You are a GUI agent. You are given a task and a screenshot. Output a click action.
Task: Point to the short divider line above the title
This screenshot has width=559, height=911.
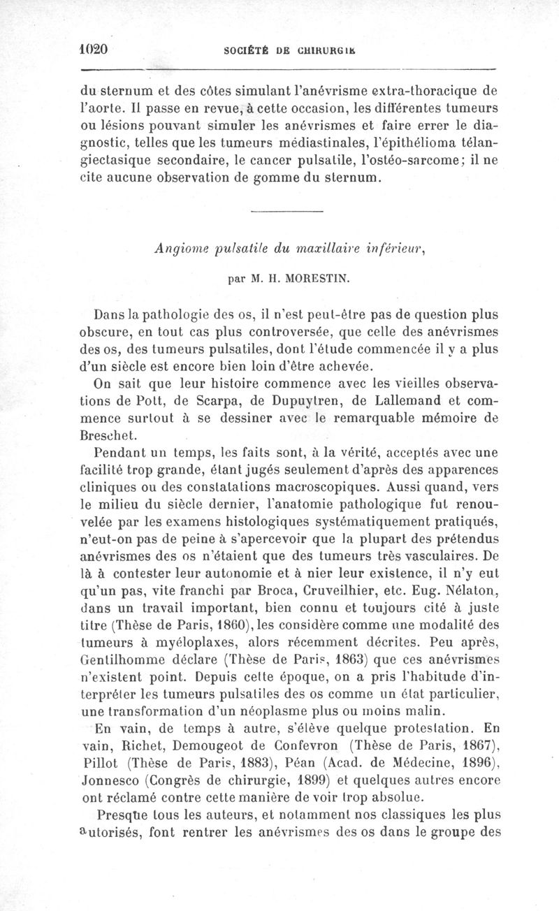point(286,212)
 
